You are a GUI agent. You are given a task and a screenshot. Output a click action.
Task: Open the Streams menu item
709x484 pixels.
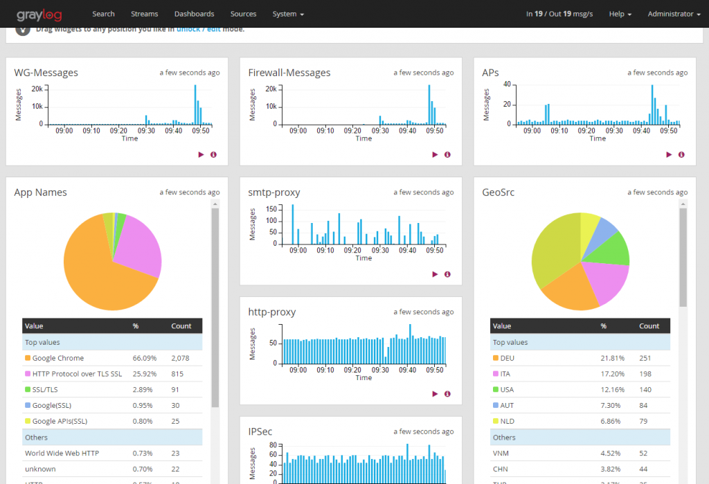(145, 14)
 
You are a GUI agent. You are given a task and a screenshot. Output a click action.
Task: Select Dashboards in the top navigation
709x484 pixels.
(194, 14)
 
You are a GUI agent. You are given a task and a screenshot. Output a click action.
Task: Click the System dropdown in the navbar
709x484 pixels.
(288, 14)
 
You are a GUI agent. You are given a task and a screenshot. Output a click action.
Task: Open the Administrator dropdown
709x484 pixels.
(674, 14)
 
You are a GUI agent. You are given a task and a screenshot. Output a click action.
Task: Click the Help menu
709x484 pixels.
(620, 14)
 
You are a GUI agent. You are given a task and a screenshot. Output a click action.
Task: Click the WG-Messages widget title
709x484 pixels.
(46, 73)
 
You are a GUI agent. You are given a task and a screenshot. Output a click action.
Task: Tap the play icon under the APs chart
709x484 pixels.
(669, 154)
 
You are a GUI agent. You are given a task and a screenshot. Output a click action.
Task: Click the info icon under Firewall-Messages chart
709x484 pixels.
(447, 154)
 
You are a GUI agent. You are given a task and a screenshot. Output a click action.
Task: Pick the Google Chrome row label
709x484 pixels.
(58, 358)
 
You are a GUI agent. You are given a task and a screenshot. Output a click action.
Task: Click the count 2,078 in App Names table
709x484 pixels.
(179, 358)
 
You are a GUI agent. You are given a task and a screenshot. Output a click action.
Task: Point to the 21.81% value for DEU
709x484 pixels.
(612, 358)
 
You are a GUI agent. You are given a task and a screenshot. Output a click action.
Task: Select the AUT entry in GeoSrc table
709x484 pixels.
(507, 405)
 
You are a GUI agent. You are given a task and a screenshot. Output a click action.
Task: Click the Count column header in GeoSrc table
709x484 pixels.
(649, 325)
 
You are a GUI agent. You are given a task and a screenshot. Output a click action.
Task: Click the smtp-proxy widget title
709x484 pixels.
(274, 192)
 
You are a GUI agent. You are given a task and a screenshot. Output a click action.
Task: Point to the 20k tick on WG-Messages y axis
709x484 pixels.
(37, 89)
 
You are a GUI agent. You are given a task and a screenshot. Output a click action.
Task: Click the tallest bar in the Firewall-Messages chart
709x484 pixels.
(429, 104)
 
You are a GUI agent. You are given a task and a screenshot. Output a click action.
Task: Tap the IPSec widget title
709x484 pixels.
(260, 431)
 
